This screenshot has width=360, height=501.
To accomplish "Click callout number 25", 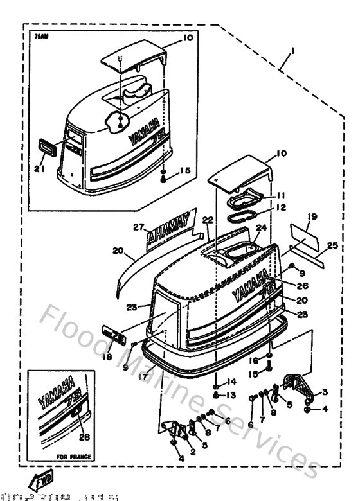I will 331,245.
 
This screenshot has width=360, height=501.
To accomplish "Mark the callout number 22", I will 207,220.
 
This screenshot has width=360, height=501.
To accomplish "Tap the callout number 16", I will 253,362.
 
